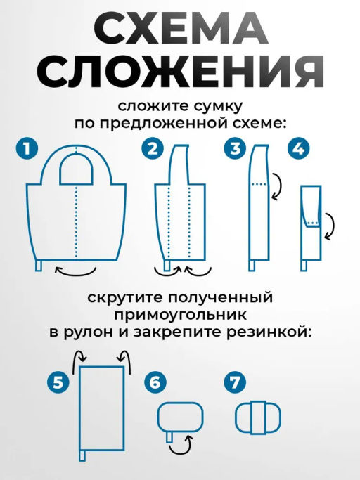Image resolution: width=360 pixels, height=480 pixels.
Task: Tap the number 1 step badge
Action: tap(27, 149)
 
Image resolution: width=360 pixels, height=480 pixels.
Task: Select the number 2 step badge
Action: tap(153, 149)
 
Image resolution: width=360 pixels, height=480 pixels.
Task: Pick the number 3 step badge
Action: tap(235, 149)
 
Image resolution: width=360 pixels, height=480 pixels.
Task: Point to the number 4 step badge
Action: tap(299, 149)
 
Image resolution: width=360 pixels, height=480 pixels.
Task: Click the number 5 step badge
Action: tap(59, 382)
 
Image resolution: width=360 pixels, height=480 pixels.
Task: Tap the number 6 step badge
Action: tap(155, 382)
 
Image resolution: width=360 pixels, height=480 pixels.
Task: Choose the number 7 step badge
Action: tap(234, 382)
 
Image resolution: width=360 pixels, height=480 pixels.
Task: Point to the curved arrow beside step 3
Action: tap(276, 186)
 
